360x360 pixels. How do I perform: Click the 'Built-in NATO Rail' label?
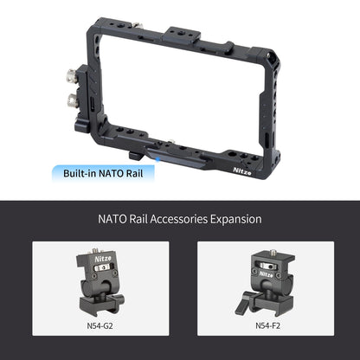coord(103,174)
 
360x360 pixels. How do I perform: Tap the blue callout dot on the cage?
coord(157,158)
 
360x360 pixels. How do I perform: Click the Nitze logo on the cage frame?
coord(242,171)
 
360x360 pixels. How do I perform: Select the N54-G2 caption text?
coord(100,326)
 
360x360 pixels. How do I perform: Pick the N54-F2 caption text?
coord(267,326)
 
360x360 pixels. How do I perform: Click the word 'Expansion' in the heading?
coord(235,219)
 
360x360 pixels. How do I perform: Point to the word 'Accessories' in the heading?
coord(178,219)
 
